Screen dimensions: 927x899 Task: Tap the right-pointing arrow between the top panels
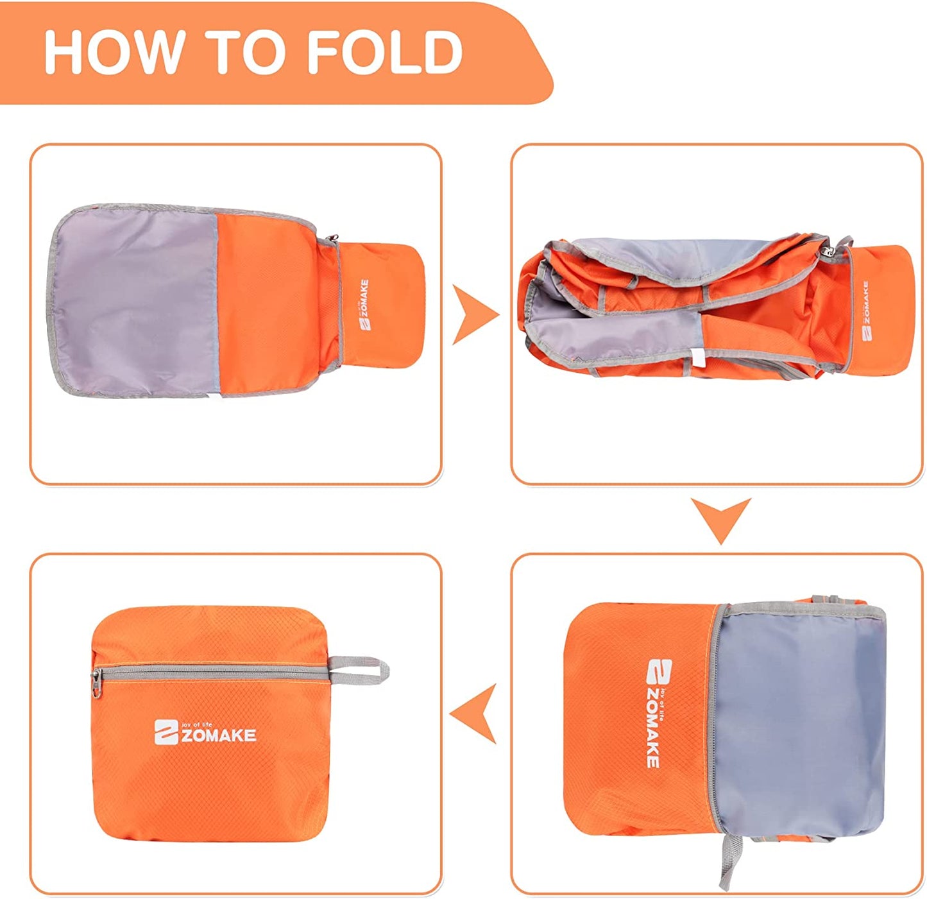[x=475, y=314]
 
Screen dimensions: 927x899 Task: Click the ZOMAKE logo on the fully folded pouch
[x=205, y=732]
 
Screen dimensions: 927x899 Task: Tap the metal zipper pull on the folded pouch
[x=96, y=683]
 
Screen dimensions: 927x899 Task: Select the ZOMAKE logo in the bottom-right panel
[x=659, y=713]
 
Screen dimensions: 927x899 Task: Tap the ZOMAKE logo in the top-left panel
[x=365, y=305]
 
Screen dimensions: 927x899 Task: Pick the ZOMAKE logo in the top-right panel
[x=865, y=311]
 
